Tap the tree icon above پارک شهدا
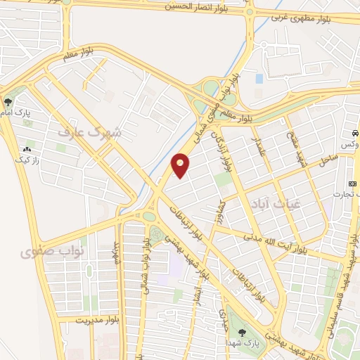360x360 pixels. [243, 333]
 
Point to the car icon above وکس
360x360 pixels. [355, 133]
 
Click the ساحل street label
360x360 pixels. [328, 161]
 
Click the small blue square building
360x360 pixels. [259, 79]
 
